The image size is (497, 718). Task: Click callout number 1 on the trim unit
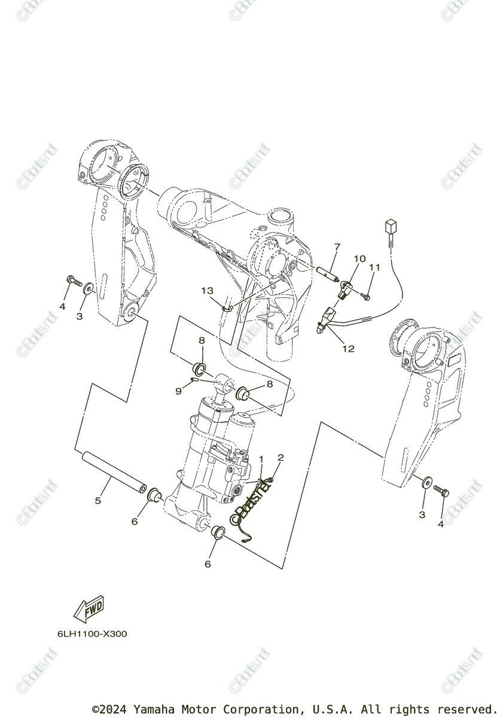(x=261, y=459)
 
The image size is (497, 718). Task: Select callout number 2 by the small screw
(x=280, y=458)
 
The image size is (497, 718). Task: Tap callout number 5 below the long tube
(x=98, y=500)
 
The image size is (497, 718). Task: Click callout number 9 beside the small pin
(x=178, y=391)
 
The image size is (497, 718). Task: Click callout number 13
(x=207, y=291)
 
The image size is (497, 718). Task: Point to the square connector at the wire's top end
(x=391, y=228)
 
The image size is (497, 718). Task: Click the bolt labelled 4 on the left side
(x=73, y=279)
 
